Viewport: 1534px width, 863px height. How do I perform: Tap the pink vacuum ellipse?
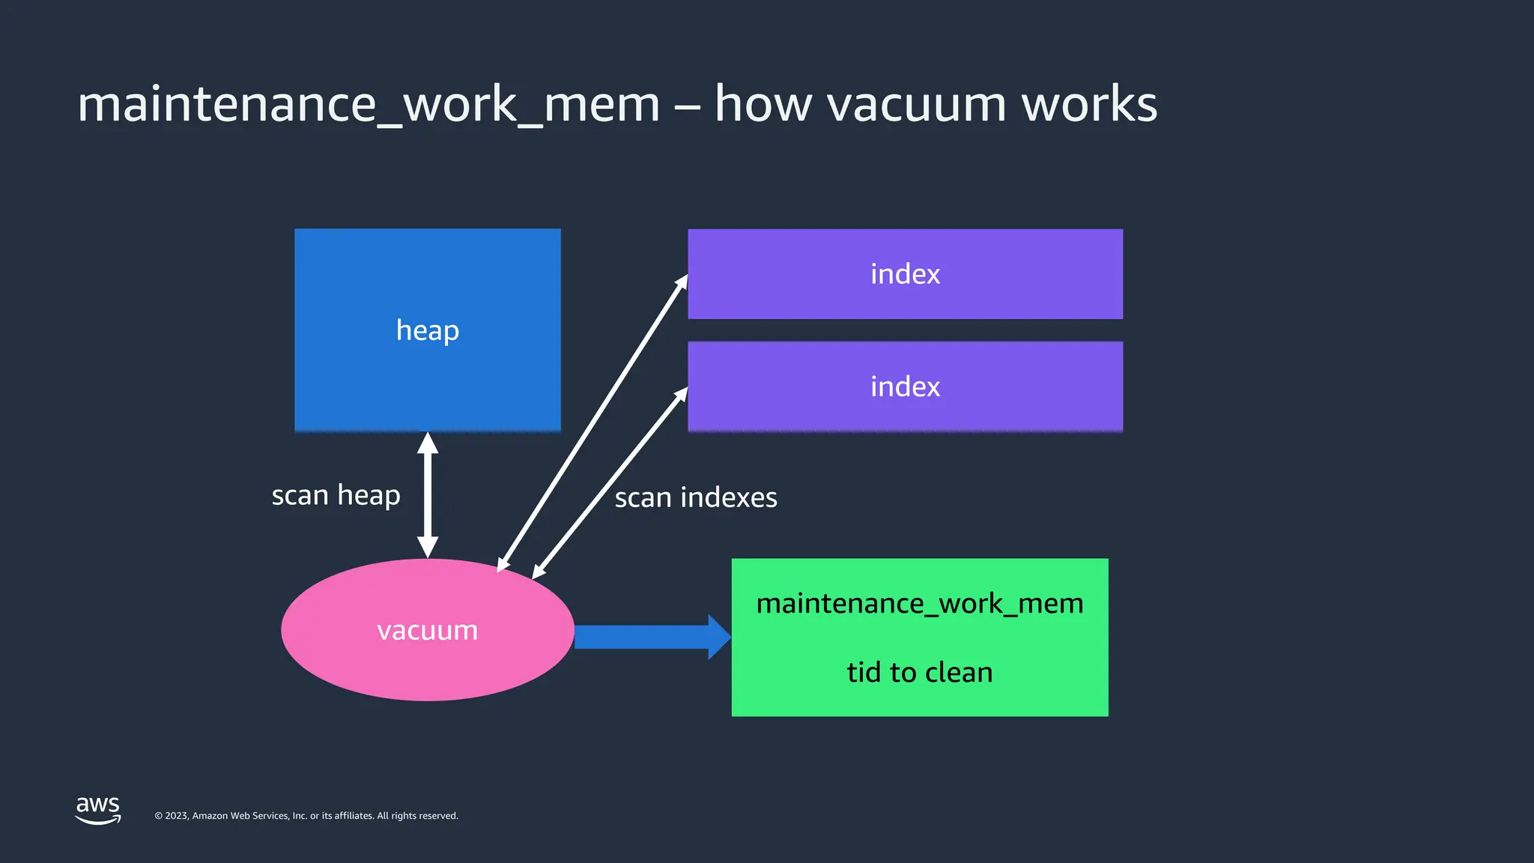pos(427,659)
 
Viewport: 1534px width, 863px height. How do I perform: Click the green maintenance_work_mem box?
pos(920,637)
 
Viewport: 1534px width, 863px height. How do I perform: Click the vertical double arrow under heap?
pos(428,495)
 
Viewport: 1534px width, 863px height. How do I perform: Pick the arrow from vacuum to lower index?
pos(608,483)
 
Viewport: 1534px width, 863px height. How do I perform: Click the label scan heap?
pos(336,496)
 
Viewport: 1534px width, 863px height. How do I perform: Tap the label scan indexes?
pos(696,498)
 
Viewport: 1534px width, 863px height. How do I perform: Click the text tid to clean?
pos(920,672)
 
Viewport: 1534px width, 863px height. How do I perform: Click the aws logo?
pos(98,809)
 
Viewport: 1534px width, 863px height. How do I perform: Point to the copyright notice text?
pos(306,816)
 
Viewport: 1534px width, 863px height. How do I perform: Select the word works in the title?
pos(1090,104)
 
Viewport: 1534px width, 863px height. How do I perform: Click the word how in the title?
pos(763,104)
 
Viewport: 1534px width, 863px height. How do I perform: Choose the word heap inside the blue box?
pos(427,330)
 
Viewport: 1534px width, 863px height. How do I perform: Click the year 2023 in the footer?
pos(177,816)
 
